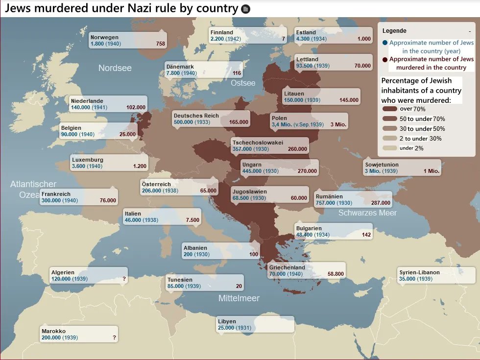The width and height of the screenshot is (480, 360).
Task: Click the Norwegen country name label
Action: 104,37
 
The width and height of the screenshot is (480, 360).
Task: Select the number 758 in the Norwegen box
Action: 160,44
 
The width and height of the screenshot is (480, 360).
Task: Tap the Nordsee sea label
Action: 115,68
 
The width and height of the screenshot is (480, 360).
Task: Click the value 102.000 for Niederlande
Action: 136,107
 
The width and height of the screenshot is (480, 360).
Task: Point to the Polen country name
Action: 279,118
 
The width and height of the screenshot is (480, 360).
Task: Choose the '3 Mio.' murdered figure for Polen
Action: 338,125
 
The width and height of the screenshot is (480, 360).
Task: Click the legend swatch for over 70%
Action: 390,109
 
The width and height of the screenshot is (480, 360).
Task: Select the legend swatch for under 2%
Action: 390,148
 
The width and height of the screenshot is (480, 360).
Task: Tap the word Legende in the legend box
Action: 394,31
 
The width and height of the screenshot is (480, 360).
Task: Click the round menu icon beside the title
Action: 246,9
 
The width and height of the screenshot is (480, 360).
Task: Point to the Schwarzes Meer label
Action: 367,213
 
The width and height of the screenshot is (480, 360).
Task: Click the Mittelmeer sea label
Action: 239,298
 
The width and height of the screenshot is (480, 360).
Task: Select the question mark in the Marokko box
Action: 114,338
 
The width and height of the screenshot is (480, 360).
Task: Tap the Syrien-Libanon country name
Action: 419,272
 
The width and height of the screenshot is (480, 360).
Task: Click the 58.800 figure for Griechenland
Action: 336,274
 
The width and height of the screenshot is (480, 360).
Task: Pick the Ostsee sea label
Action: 243,83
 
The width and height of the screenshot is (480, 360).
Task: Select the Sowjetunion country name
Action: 382,165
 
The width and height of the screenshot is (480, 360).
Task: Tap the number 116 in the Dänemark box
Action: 237,73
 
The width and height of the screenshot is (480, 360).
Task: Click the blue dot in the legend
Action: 385,43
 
